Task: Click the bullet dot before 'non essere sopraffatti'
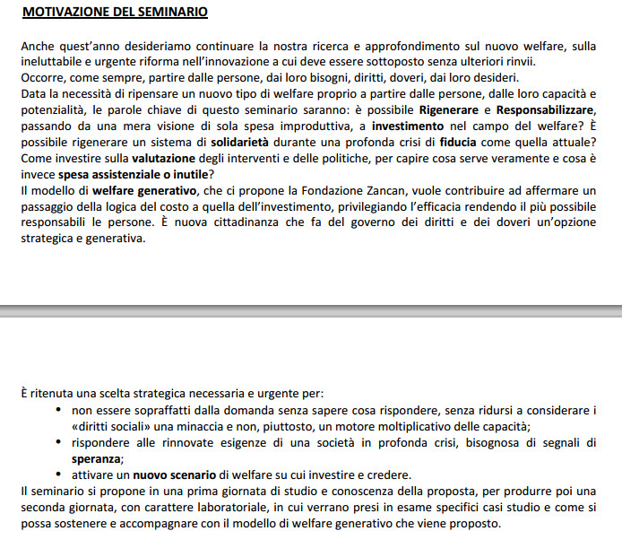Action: pyautogui.click(x=59, y=410)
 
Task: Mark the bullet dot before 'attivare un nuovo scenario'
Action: pyautogui.click(x=59, y=474)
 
